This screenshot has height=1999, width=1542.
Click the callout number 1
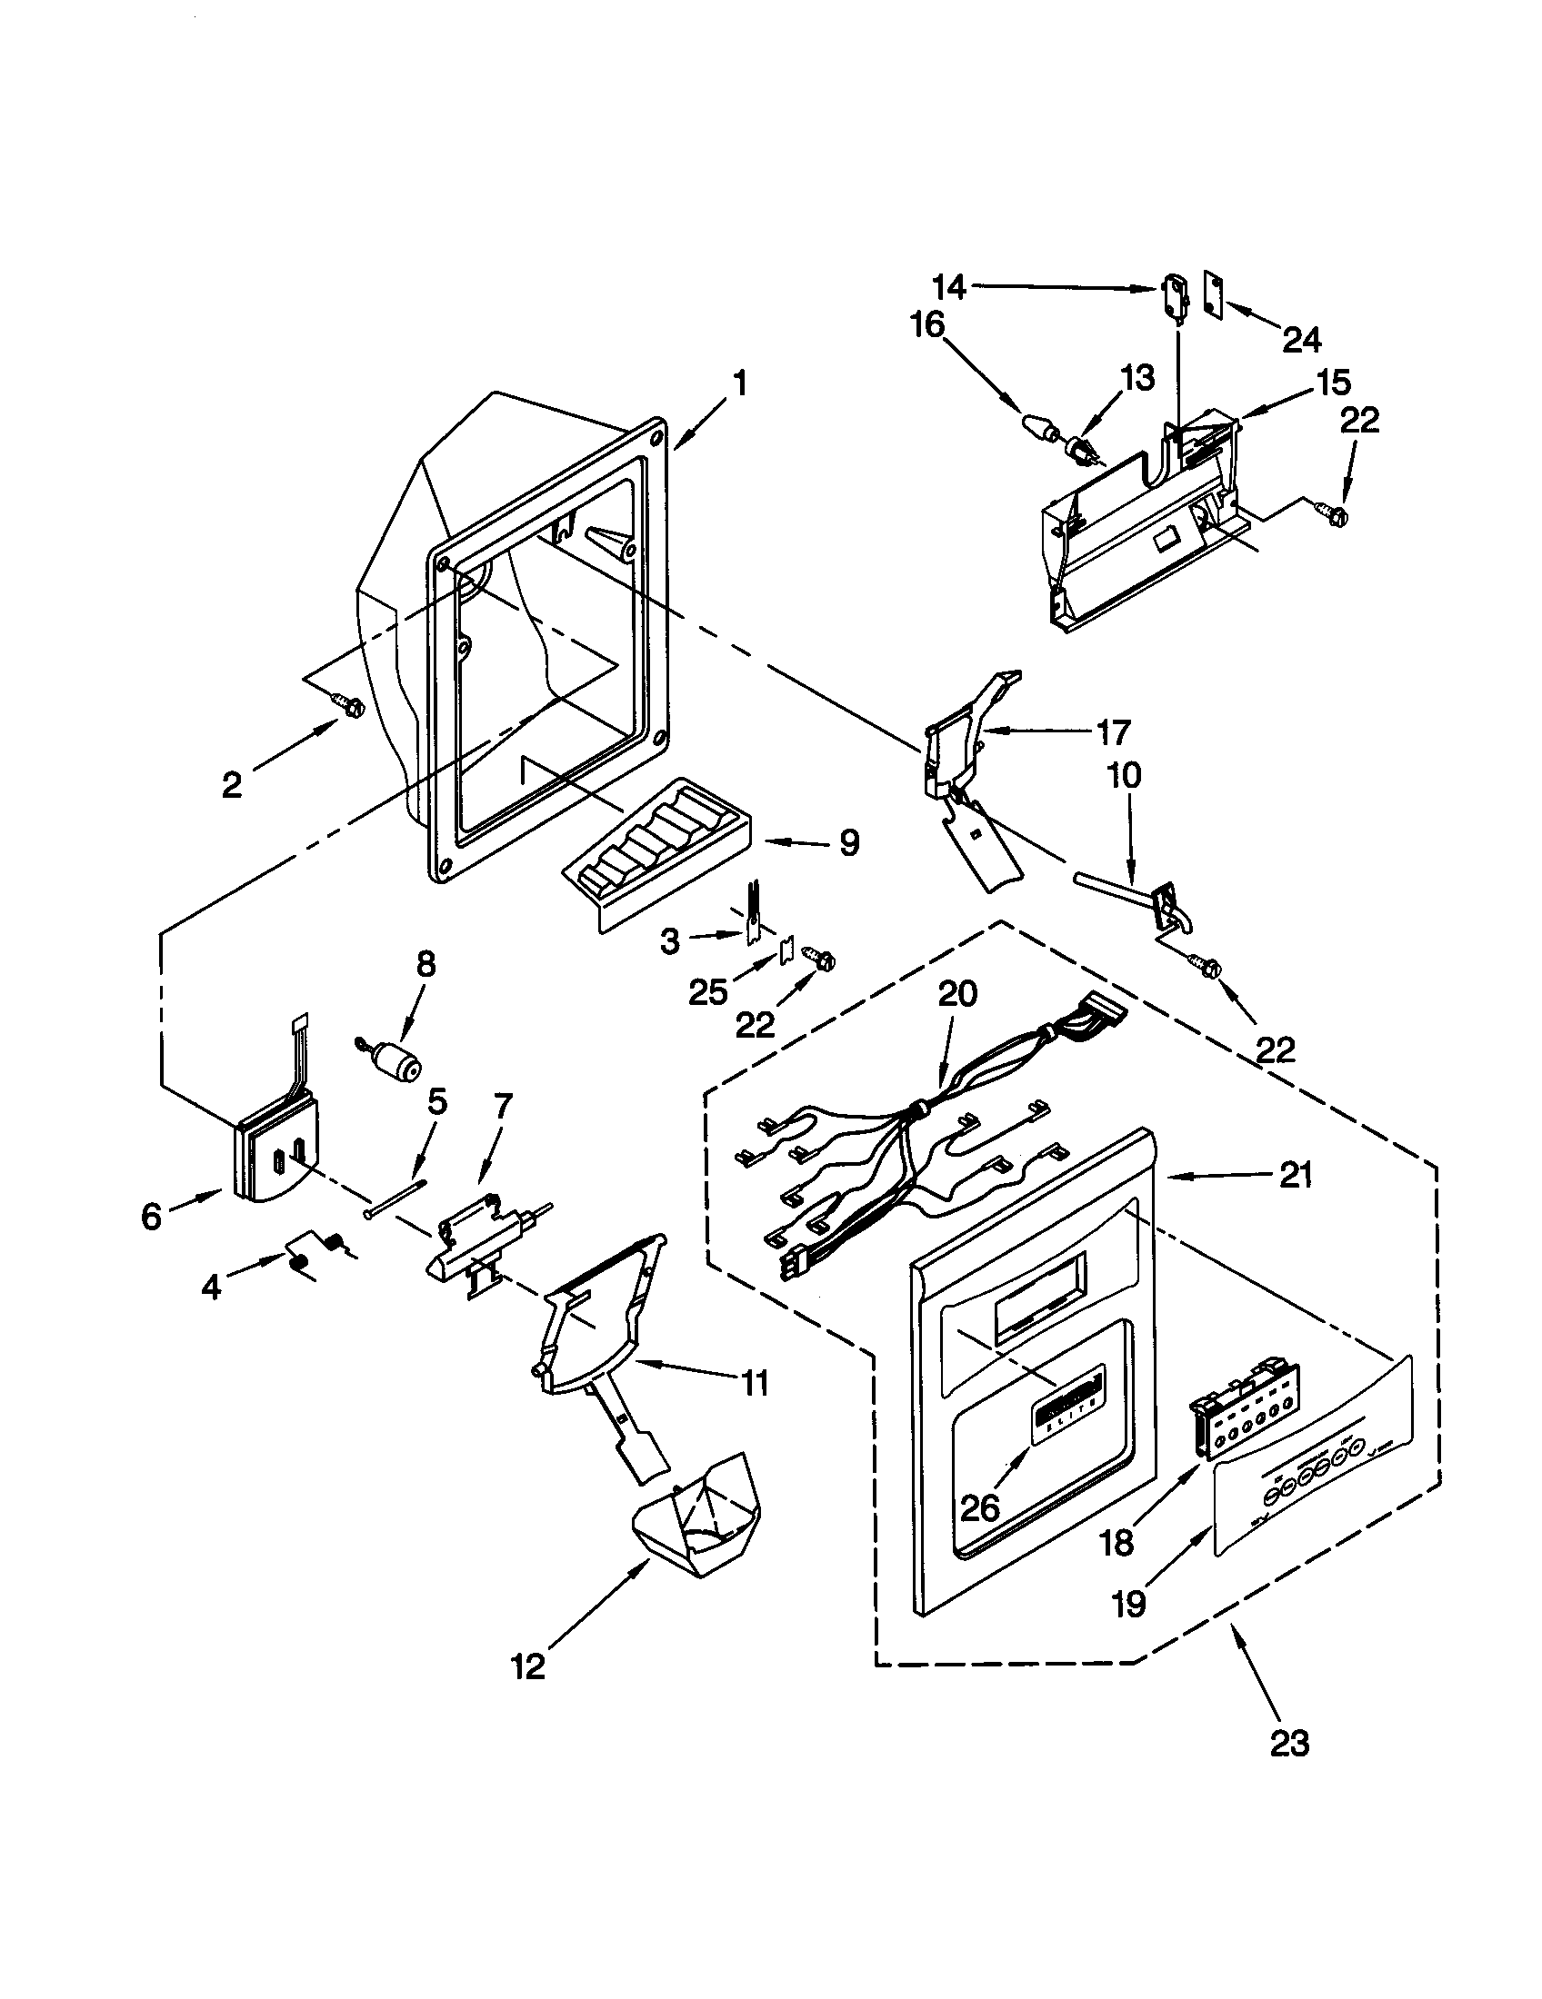739,383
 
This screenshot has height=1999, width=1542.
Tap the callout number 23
1289,1744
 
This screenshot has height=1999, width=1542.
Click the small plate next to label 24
1211,297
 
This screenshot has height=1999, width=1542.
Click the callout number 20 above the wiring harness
957,994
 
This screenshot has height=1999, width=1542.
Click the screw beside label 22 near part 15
1332,516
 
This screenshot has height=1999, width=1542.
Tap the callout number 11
754,1383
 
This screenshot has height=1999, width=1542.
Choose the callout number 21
1295,1176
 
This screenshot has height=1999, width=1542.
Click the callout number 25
708,991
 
